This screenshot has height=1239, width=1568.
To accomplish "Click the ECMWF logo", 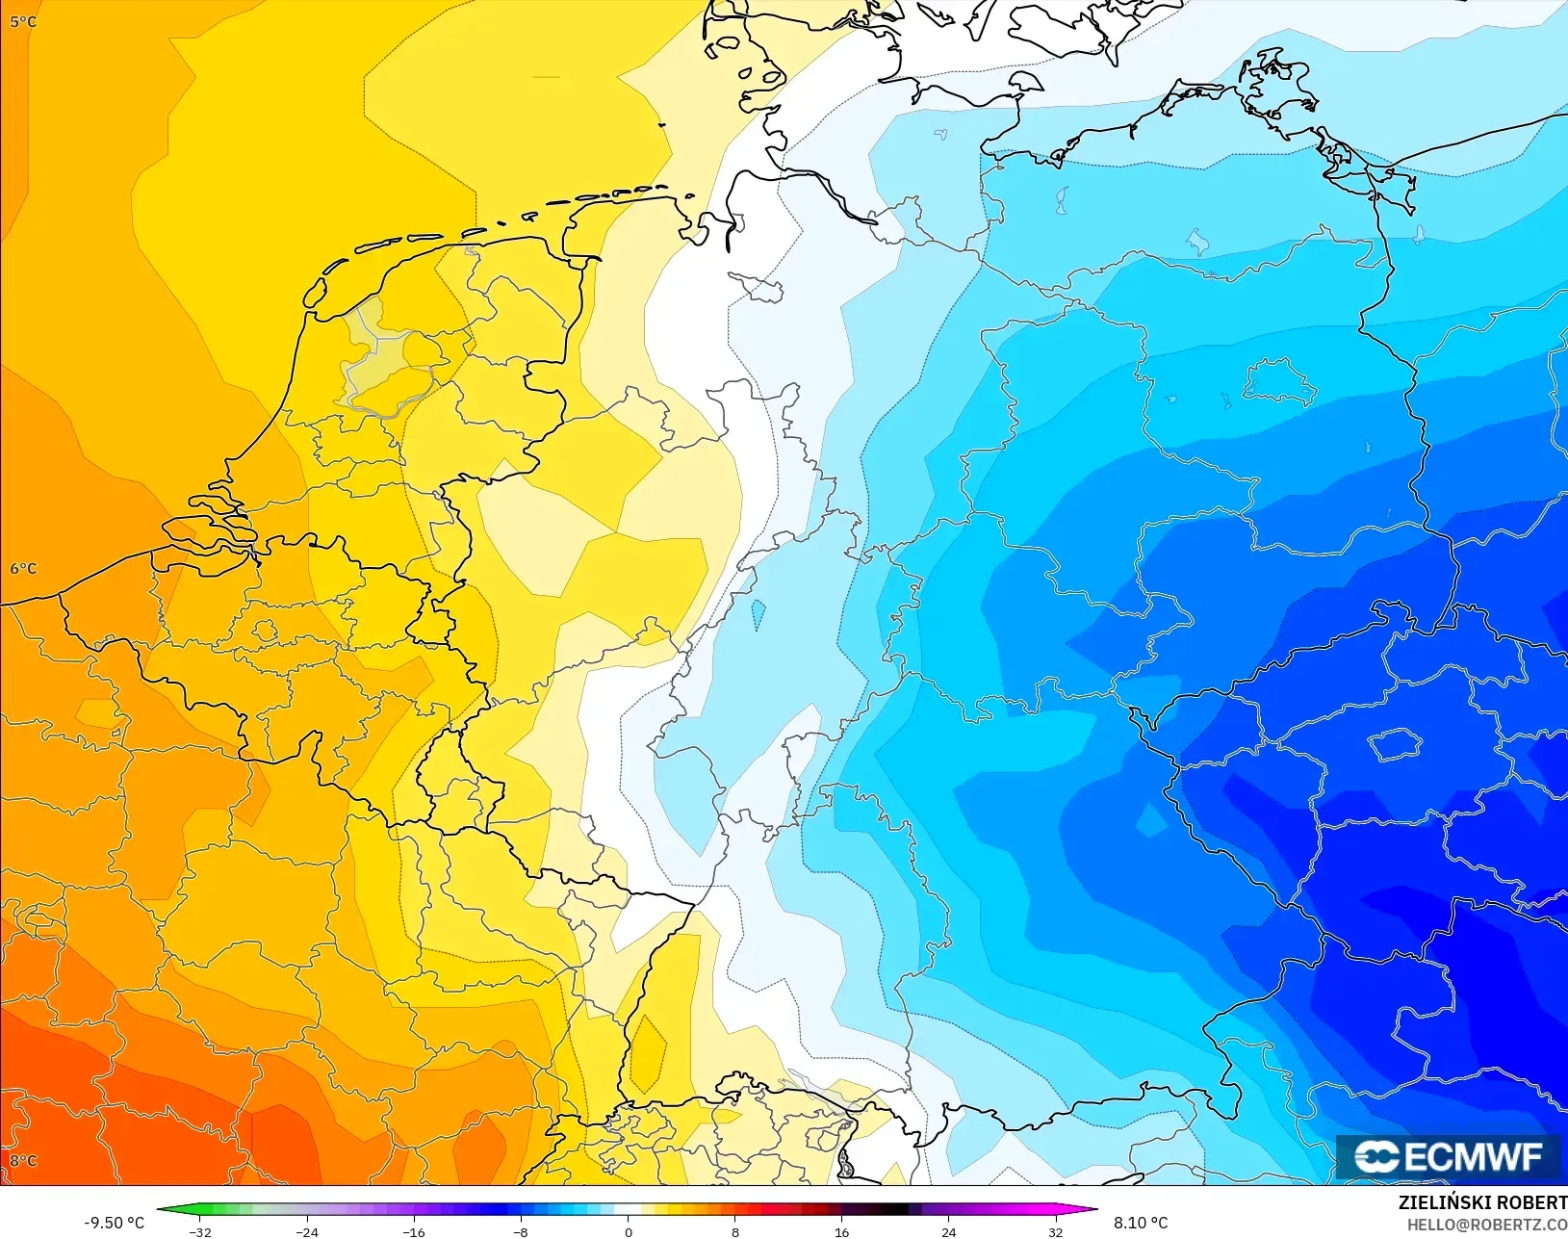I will click(1448, 1156).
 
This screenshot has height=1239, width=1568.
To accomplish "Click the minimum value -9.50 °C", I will click(114, 1223).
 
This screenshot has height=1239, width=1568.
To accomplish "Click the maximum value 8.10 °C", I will click(1141, 1223).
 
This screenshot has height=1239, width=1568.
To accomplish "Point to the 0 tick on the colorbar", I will click(629, 1232).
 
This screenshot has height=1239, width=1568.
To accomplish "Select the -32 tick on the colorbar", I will click(200, 1232).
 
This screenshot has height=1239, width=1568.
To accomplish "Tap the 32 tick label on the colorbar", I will click(1056, 1232).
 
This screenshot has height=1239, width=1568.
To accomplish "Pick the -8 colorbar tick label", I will click(521, 1232).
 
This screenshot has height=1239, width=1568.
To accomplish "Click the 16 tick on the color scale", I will click(842, 1232).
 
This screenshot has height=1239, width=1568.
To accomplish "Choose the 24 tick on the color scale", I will click(949, 1232).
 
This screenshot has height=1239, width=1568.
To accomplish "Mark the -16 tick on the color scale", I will click(414, 1232).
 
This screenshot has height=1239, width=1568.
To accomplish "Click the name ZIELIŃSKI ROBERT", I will click(1482, 1203).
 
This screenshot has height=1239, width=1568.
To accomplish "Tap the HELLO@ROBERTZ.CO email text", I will click(1487, 1225).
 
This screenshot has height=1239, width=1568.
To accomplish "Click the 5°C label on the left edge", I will click(23, 21).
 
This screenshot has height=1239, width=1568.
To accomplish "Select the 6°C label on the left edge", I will click(23, 568).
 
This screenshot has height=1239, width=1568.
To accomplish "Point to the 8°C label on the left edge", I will click(23, 1160).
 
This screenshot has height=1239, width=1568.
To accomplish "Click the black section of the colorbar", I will click(890, 1210).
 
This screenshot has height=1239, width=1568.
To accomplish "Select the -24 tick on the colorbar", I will click(307, 1232).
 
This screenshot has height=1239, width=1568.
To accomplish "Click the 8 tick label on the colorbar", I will click(735, 1232).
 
